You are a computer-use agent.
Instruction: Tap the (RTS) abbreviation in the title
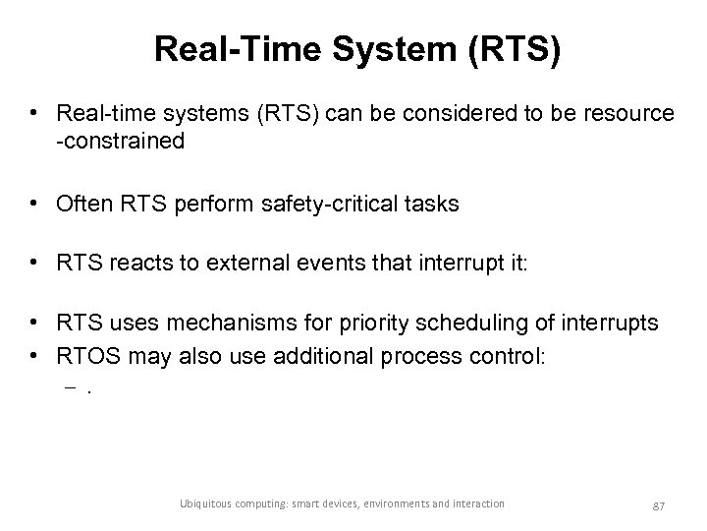pos(513,50)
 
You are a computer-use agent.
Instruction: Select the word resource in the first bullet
pos(629,114)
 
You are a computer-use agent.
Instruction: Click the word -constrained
pos(121,142)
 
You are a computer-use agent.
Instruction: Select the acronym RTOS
pos(86,355)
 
